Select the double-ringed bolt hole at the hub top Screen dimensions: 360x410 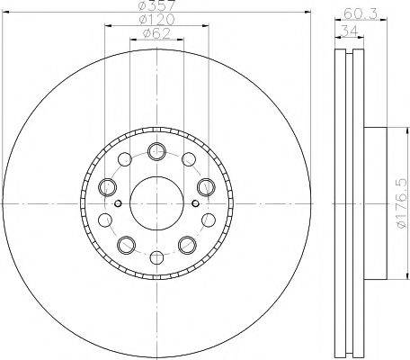point(157,150)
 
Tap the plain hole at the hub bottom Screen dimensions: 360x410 point(157,256)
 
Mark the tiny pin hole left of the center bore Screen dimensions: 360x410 point(117,202)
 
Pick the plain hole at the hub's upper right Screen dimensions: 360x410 point(188,160)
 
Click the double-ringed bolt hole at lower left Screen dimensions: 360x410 point(126,243)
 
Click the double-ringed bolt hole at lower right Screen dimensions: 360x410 point(188,243)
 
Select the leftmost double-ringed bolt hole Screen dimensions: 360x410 point(109,186)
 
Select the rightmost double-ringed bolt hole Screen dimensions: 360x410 point(205,186)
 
